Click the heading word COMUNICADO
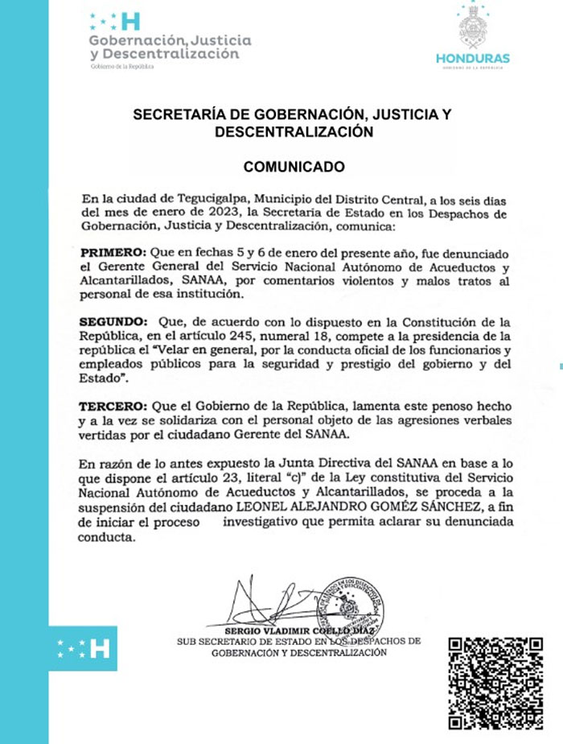[x=294, y=167]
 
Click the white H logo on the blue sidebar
[x=99, y=647]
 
